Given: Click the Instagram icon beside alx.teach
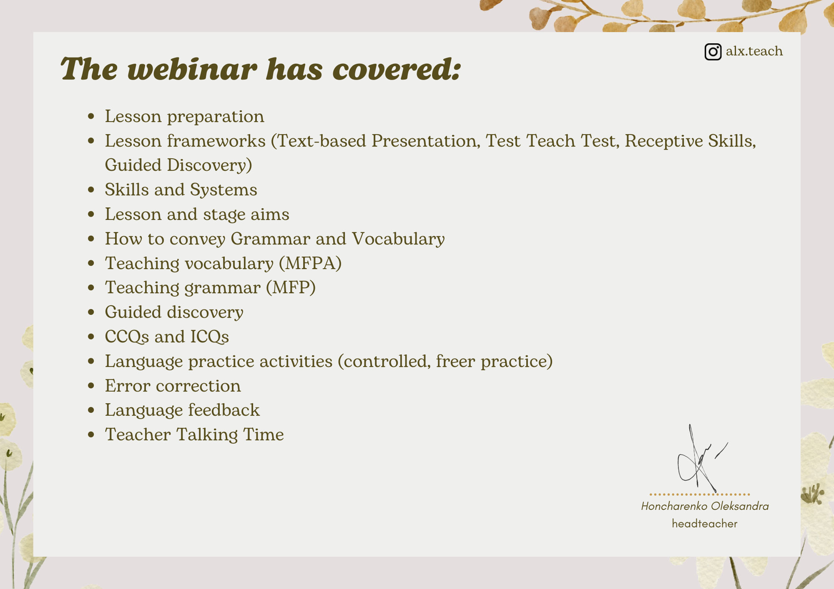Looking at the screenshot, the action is coord(713,52).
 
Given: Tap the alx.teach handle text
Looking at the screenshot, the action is coord(754,51).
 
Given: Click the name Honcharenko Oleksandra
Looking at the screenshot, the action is coord(705,506).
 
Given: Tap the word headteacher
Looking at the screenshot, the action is coord(704,524).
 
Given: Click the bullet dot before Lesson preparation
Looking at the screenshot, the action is coord(91,117).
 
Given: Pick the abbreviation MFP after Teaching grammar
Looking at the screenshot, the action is coord(291,287).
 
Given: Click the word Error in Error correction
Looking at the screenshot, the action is coord(128,386).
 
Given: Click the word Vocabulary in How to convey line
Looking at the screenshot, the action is coord(398,239).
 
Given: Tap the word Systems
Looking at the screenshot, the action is coord(224,190).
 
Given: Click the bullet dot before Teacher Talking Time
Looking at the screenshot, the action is coord(91,435).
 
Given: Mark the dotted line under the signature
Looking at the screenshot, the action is coord(700,494).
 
